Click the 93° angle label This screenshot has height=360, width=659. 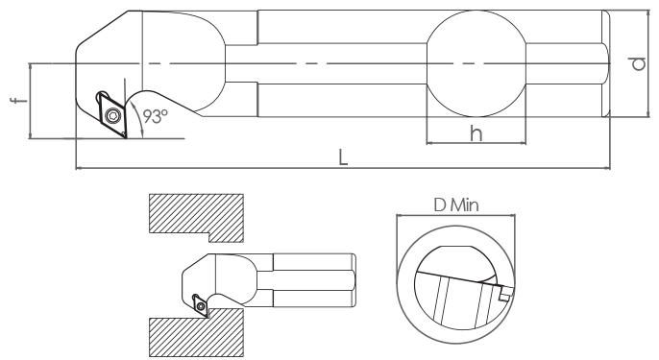(x=155, y=116)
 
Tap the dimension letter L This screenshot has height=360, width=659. (x=343, y=158)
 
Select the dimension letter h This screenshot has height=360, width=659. (x=476, y=134)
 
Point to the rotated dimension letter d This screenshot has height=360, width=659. (x=638, y=63)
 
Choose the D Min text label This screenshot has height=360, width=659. (x=456, y=205)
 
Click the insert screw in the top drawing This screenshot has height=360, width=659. (x=112, y=114)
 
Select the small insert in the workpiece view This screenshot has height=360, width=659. (x=200, y=304)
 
